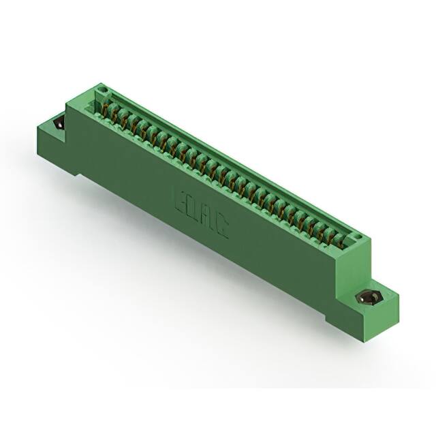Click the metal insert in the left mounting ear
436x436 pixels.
[x=58, y=125]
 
